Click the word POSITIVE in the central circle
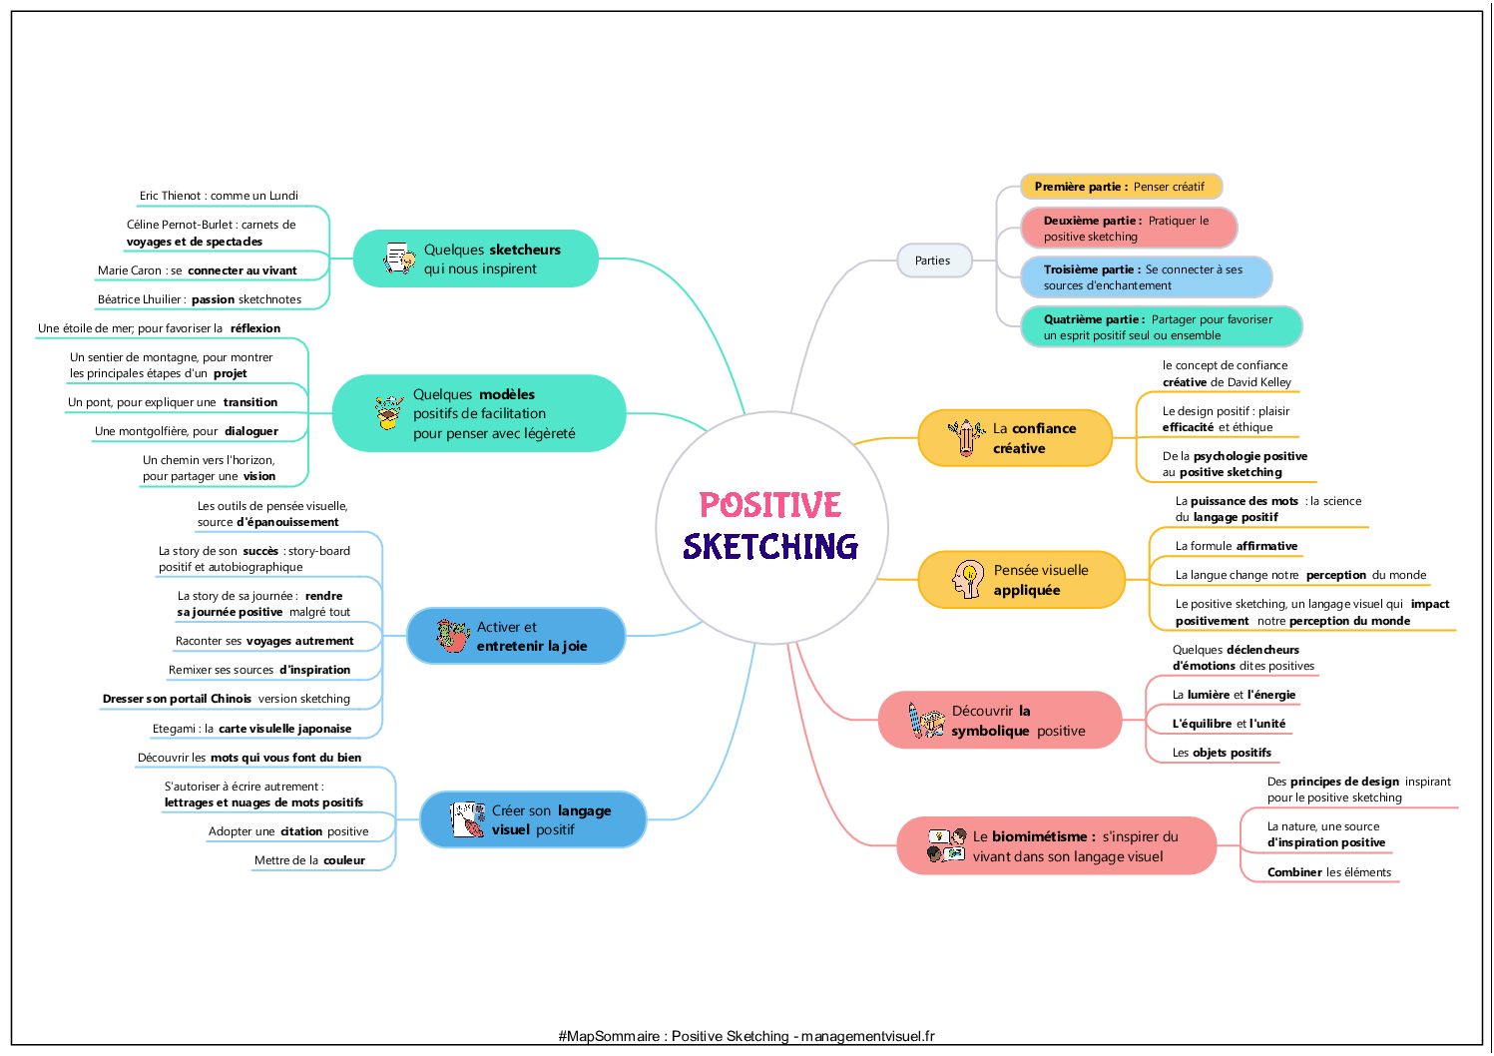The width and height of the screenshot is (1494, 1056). point(770,504)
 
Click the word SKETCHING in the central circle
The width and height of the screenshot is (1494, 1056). point(770,546)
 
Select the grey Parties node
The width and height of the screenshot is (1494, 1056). point(933,261)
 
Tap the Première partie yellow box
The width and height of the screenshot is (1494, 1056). point(1121,186)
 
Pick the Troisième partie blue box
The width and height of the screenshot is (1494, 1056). point(1146,276)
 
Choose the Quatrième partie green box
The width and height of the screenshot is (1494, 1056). point(1162,326)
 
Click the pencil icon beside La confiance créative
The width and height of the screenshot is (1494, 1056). point(966,437)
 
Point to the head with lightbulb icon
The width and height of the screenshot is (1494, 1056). point(968,579)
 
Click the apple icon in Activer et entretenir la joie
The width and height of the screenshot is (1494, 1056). point(453,635)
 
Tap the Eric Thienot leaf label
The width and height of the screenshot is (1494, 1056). point(219,196)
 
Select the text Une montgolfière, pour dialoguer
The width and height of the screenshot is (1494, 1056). point(186,431)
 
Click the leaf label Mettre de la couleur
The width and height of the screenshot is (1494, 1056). point(309,860)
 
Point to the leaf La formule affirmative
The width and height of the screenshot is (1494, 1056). point(1236,546)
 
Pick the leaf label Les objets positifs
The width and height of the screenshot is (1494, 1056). point(1222,753)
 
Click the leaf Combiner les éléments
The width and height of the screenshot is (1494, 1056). point(1328,872)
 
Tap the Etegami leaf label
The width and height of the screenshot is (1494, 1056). point(251,729)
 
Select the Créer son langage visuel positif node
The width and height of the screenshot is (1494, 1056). point(533,819)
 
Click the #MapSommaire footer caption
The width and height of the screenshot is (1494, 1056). point(747,1036)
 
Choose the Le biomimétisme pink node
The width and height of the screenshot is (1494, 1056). point(1057,845)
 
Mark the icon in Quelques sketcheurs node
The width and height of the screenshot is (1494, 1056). point(399,259)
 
